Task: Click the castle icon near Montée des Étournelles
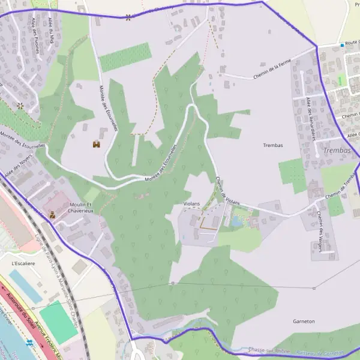96,144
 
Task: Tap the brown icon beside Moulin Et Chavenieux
52,214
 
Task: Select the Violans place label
191,204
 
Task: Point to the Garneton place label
304,322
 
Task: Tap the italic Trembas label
337,150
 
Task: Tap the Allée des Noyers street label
17,166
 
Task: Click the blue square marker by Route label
342,45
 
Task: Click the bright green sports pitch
58,321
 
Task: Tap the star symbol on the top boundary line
128,17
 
